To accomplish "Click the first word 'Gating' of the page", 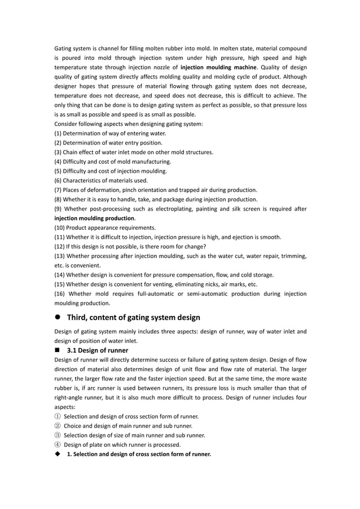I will pos(63,48).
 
